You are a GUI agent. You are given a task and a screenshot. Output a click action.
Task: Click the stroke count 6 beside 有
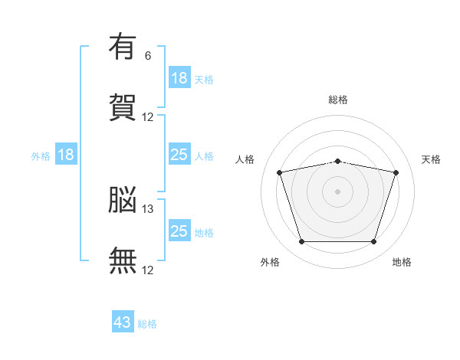pyautogui.click(x=148, y=56)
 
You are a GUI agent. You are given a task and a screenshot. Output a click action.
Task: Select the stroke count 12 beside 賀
pyautogui.click(x=148, y=117)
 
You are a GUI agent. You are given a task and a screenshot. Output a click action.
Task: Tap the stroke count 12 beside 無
pyautogui.click(x=148, y=270)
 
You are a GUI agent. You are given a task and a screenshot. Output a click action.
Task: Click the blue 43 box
pyautogui.click(x=123, y=322)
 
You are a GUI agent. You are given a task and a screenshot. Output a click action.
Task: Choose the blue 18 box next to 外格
pyautogui.click(x=66, y=155)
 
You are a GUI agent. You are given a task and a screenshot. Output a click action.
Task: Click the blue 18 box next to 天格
pyautogui.click(x=179, y=77)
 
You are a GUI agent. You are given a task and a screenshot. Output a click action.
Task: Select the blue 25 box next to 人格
pyautogui.click(x=179, y=155)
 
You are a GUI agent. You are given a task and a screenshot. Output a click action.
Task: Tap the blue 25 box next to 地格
pyautogui.click(x=179, y=231)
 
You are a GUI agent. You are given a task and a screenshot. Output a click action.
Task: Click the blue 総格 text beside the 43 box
pyautogui.click(x=147, y=324)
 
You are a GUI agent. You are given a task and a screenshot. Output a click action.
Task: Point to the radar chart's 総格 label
pyautogui.click(x=338, y=100)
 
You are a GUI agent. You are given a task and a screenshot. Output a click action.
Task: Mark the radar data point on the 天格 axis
pyautogui.click(x=396, y=172)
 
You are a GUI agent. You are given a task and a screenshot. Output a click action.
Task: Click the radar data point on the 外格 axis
pyautogui.click(x=301, y=242)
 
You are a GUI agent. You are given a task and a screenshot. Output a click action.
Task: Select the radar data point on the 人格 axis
pyautogui.click(x=280, y=172)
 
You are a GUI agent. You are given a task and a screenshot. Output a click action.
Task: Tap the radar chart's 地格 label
pyautogui.click(x=402, y=263)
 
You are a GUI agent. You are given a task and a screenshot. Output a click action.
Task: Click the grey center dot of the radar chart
pyautogui.click(x=338, y=191)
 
